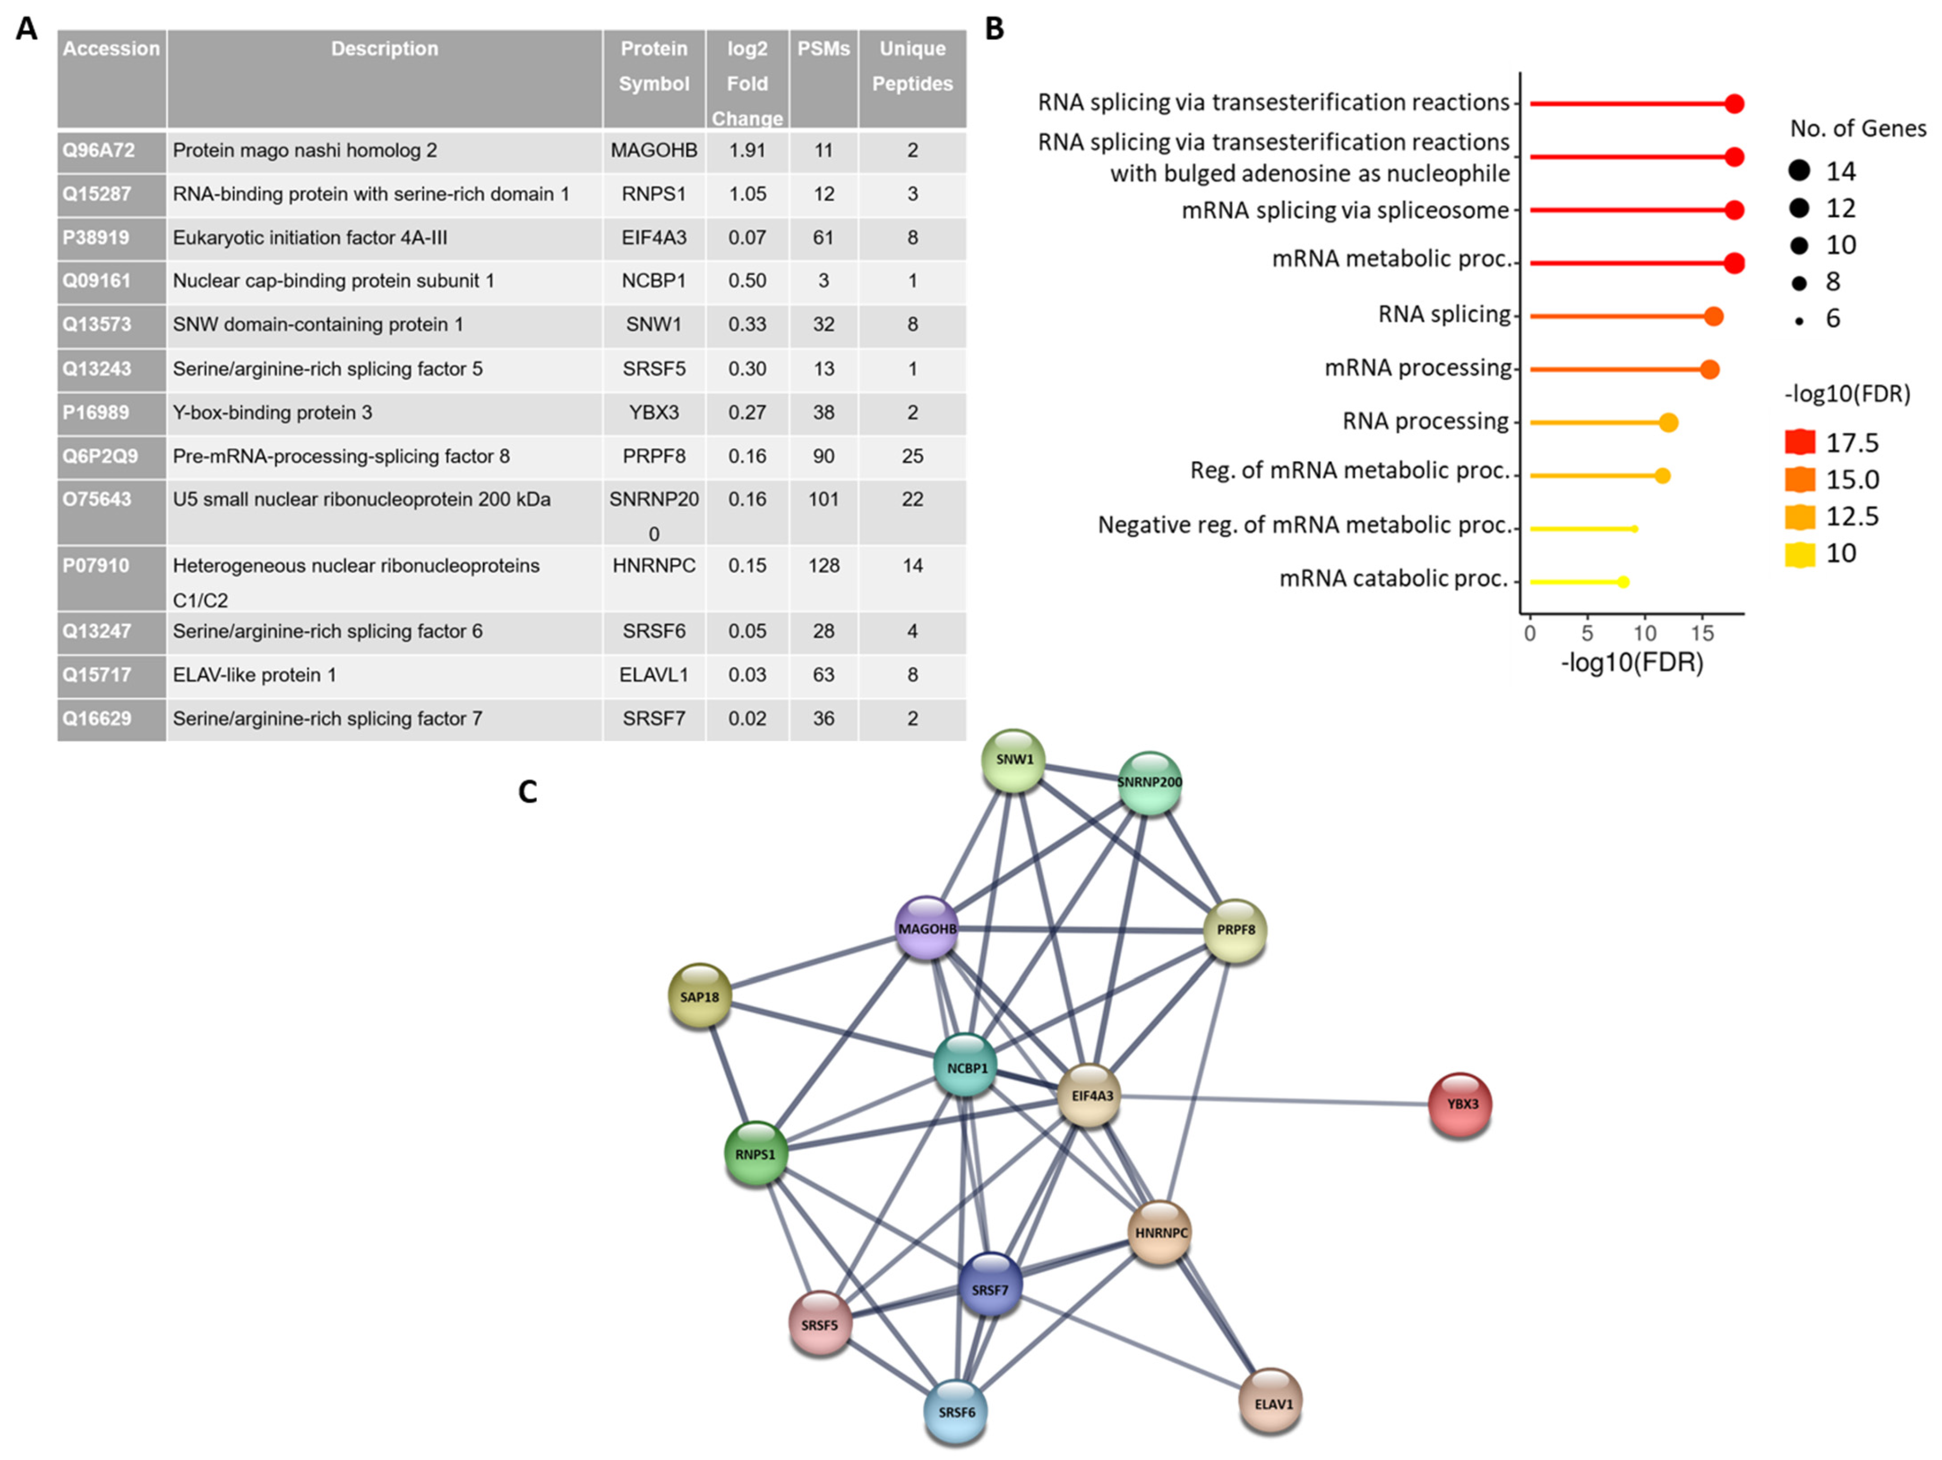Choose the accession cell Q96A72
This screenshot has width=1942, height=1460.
pyautogui.click(x=99, y=150)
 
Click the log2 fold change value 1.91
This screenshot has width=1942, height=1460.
pyautogui.click(x=747, y=150)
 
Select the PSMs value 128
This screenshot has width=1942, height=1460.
pyautogui.click(x=823, y=565)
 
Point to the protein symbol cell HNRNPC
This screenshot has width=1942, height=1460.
pyautogui.click(x=654, y=565)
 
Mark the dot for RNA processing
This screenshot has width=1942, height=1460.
pyautogui.click(x=1668, y=422)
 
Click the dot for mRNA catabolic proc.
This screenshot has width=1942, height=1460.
pyautogui.click(x=1623, y=582)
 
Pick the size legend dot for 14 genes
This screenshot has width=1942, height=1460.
pyautogui.click(x=1799, y=170)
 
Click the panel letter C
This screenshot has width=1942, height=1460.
pyautogui.click(x=528, y=792)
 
